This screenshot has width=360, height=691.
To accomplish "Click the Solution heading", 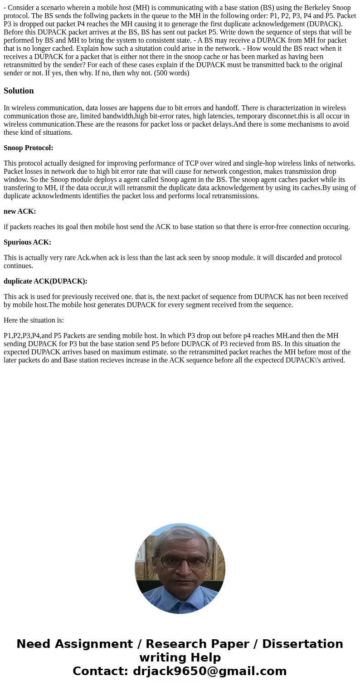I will (x=19, y=91).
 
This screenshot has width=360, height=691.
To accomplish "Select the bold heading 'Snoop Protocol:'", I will (x=28, y=148).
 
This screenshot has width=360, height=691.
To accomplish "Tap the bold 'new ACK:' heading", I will (x=19, y=211).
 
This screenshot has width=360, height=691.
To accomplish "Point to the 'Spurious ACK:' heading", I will (x=27, y=242).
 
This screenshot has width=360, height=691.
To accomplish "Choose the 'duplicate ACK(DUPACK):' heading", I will (x=45, y=281).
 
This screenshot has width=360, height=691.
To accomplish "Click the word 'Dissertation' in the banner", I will (x=302, y=644).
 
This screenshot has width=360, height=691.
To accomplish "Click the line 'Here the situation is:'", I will (x=34, y=320).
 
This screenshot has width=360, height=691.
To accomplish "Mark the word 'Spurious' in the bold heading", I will (x=18, y=242).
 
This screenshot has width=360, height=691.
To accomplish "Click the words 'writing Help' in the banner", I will (x=180, y=657).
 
